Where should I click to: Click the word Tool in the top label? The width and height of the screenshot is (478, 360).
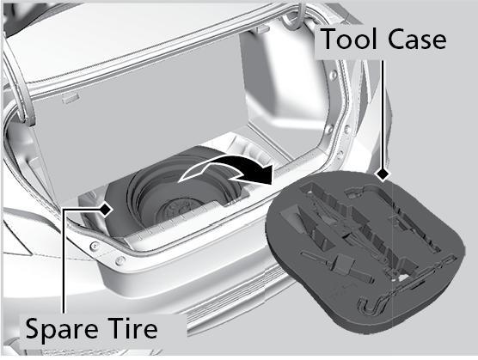(348, 39)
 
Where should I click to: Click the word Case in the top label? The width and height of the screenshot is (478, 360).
(417, 39)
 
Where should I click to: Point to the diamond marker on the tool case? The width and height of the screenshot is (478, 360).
(383, 174)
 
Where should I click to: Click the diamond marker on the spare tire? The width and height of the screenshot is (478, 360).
(106, 209)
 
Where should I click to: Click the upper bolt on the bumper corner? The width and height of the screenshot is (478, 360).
(95, 245)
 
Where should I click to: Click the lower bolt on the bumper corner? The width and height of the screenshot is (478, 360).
(120, 260)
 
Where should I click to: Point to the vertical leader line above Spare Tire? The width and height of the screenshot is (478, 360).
(64, 261)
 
